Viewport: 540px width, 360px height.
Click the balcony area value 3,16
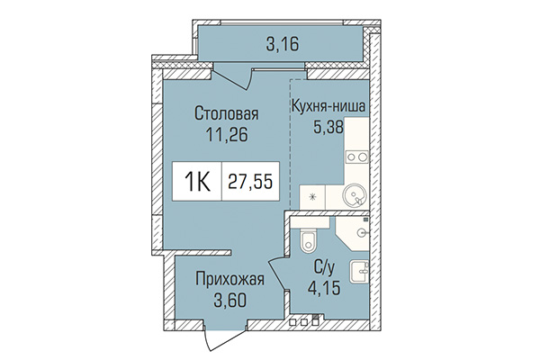tap(283, 40)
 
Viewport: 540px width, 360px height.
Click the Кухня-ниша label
tap(328, 107)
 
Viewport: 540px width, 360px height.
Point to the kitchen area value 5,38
tap(328, 127)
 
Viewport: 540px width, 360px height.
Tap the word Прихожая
tap(229, 278)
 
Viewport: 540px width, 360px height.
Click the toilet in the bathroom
tap(306, 240)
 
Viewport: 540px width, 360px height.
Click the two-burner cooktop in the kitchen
tap(358, 156)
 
